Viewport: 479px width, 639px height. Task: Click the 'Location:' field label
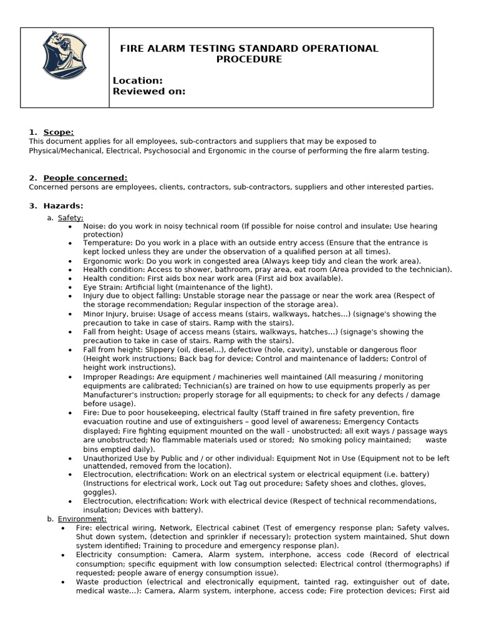click(137, 80)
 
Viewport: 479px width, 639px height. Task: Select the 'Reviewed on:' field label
click(148, 91)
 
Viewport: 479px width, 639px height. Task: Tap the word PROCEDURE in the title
click(249, 59)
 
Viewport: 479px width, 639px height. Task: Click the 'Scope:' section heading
click(58, 132)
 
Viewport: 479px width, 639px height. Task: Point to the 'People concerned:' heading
click(85, 178)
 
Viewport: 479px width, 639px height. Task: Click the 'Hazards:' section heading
click(63, 206)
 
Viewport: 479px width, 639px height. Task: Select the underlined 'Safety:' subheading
click(70, 218)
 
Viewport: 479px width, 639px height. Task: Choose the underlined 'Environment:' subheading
click(82, 519)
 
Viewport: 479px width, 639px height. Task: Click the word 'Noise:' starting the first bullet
click(95, 226)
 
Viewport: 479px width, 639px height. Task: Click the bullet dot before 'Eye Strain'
click(70, 287)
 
